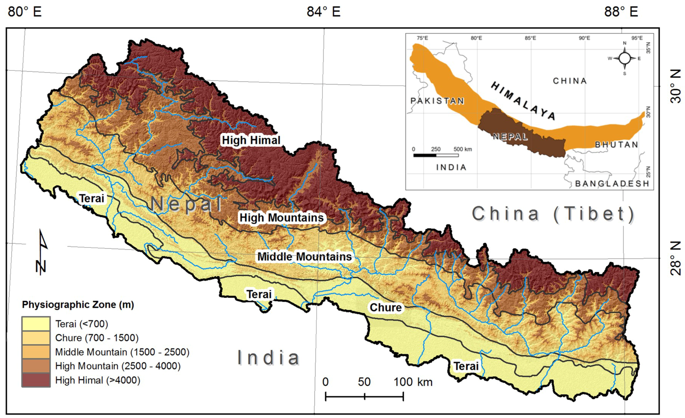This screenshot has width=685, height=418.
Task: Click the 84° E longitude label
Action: tap(324, 12)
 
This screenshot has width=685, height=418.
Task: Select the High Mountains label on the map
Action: tap(282, 218)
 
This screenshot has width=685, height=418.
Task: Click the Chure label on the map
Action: tap(386, 308)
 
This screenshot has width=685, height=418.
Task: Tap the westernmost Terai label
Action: tap(92, 198)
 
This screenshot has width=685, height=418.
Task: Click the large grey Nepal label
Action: tap(186, 204)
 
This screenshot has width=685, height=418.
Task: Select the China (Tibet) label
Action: tap(553, 214)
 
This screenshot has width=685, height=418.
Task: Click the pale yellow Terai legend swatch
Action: tap(36, 324)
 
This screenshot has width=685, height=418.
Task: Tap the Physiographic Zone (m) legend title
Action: tap(78, 305)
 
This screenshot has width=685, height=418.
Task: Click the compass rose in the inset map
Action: tap(625, 58)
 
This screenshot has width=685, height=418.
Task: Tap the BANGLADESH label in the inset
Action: tap(612, 184)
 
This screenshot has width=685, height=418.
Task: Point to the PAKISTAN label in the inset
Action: tap(437, 101)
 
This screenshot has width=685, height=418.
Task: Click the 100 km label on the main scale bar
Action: tap(413, 382)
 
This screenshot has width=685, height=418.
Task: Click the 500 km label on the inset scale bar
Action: tap(463, 149)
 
